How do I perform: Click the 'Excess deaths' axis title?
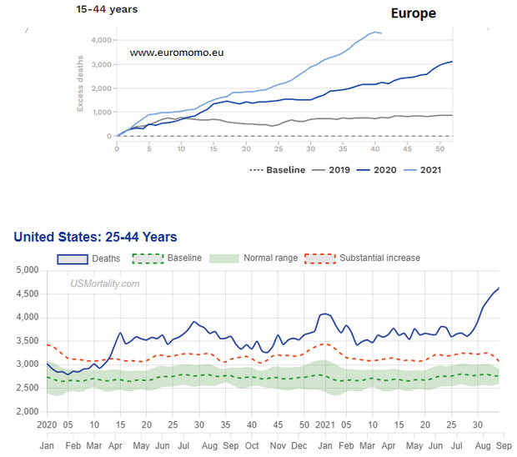tap(80, 88)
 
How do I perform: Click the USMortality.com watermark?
tap(105, 284)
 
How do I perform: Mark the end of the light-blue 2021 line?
tap(381, 33)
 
